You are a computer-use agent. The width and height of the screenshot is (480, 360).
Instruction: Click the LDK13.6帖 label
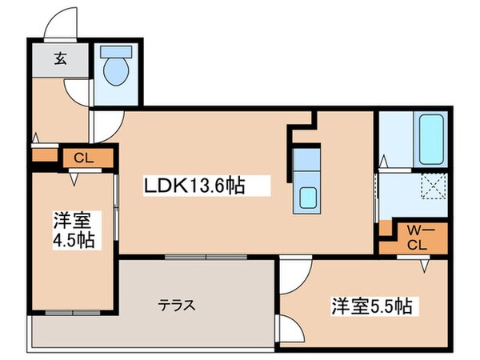(x=194, y=186)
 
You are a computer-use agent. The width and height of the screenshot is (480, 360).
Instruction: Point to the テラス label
(x=177, y=305)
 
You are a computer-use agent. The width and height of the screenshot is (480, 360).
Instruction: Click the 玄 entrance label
(x=60, y=57)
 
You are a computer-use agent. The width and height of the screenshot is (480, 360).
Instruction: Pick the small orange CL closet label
(x=83, y=158)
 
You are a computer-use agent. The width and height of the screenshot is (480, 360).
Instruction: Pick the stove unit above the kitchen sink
(x=307, y=159)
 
